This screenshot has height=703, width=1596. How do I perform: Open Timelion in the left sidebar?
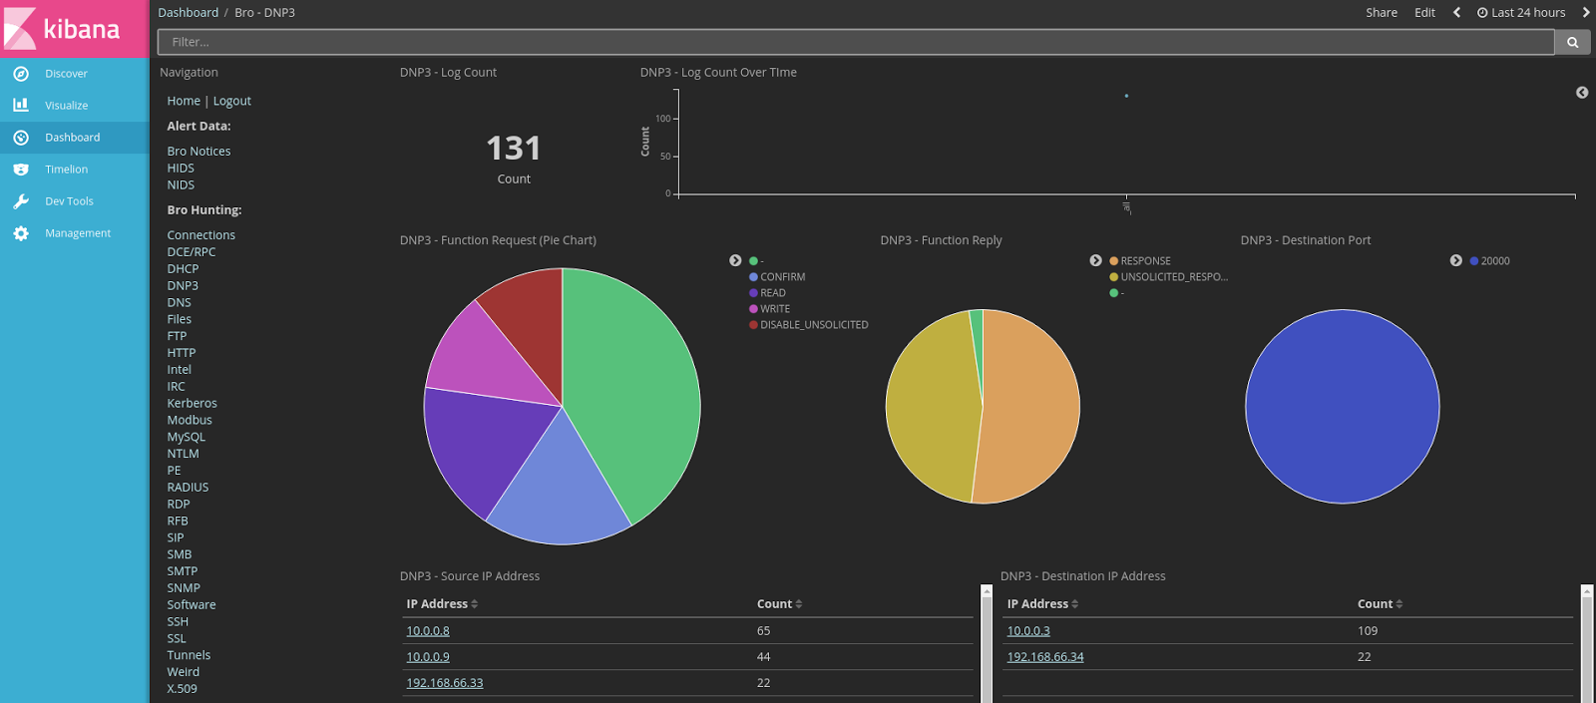(66, 170)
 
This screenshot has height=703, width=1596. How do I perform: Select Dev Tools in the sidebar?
(69, 201)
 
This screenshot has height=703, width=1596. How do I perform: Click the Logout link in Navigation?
(231, 101)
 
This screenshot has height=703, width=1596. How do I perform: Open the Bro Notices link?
(199, 152)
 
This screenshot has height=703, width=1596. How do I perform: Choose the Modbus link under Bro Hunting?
(190, 420)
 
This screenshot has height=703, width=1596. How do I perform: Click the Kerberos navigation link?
(192, 403)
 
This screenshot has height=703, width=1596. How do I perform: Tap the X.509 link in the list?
(182, 688)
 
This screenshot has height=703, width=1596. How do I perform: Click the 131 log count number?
(513, 149)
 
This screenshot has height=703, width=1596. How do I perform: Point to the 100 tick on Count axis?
(663, 119)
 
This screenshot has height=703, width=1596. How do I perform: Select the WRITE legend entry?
(774, 309)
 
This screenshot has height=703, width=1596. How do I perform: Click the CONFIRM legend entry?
(782, 277)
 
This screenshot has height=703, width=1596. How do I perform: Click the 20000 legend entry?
(1494, 261)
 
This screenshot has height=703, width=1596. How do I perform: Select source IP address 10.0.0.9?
(428, 657)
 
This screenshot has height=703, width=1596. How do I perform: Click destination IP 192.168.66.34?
(1045, 657)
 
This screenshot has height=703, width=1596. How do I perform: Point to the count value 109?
(1368, 631)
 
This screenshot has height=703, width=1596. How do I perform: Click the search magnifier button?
(1572, 42)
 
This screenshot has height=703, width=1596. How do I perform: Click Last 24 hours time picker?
(1522, 13)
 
